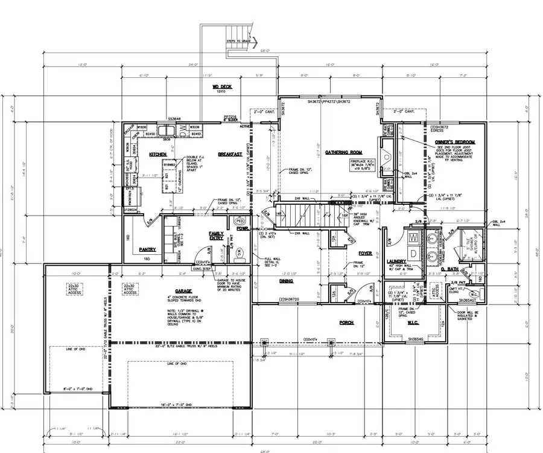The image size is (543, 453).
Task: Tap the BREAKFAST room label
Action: [230, 155]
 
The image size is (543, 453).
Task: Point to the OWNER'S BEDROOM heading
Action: [455, 141]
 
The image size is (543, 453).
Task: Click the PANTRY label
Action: [147, 249]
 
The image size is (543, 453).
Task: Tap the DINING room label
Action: [286, 281]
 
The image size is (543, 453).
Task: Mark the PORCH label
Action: [346, 323]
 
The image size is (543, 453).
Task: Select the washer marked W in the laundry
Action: [413, 237]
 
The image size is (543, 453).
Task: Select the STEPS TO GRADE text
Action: [239, 40]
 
